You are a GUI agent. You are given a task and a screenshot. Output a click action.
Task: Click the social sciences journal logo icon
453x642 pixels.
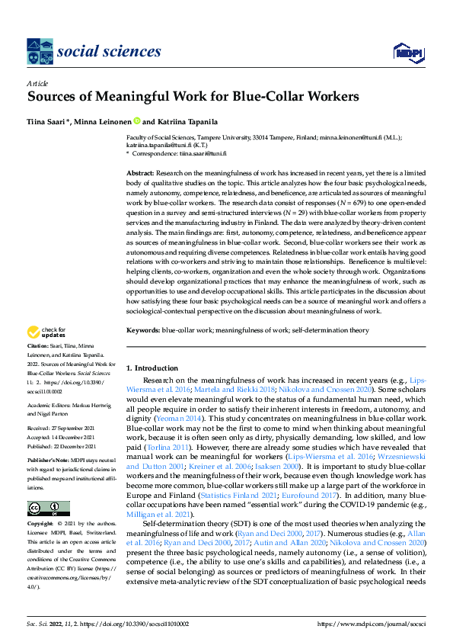(x=39, y=52)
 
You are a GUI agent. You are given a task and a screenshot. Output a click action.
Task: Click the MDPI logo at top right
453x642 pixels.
(x=407, y=51)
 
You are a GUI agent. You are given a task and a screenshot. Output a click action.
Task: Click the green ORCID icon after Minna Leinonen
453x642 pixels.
(x=137, y=120)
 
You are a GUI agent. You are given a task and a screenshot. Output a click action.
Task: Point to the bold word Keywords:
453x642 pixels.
(x=143, y=330)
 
